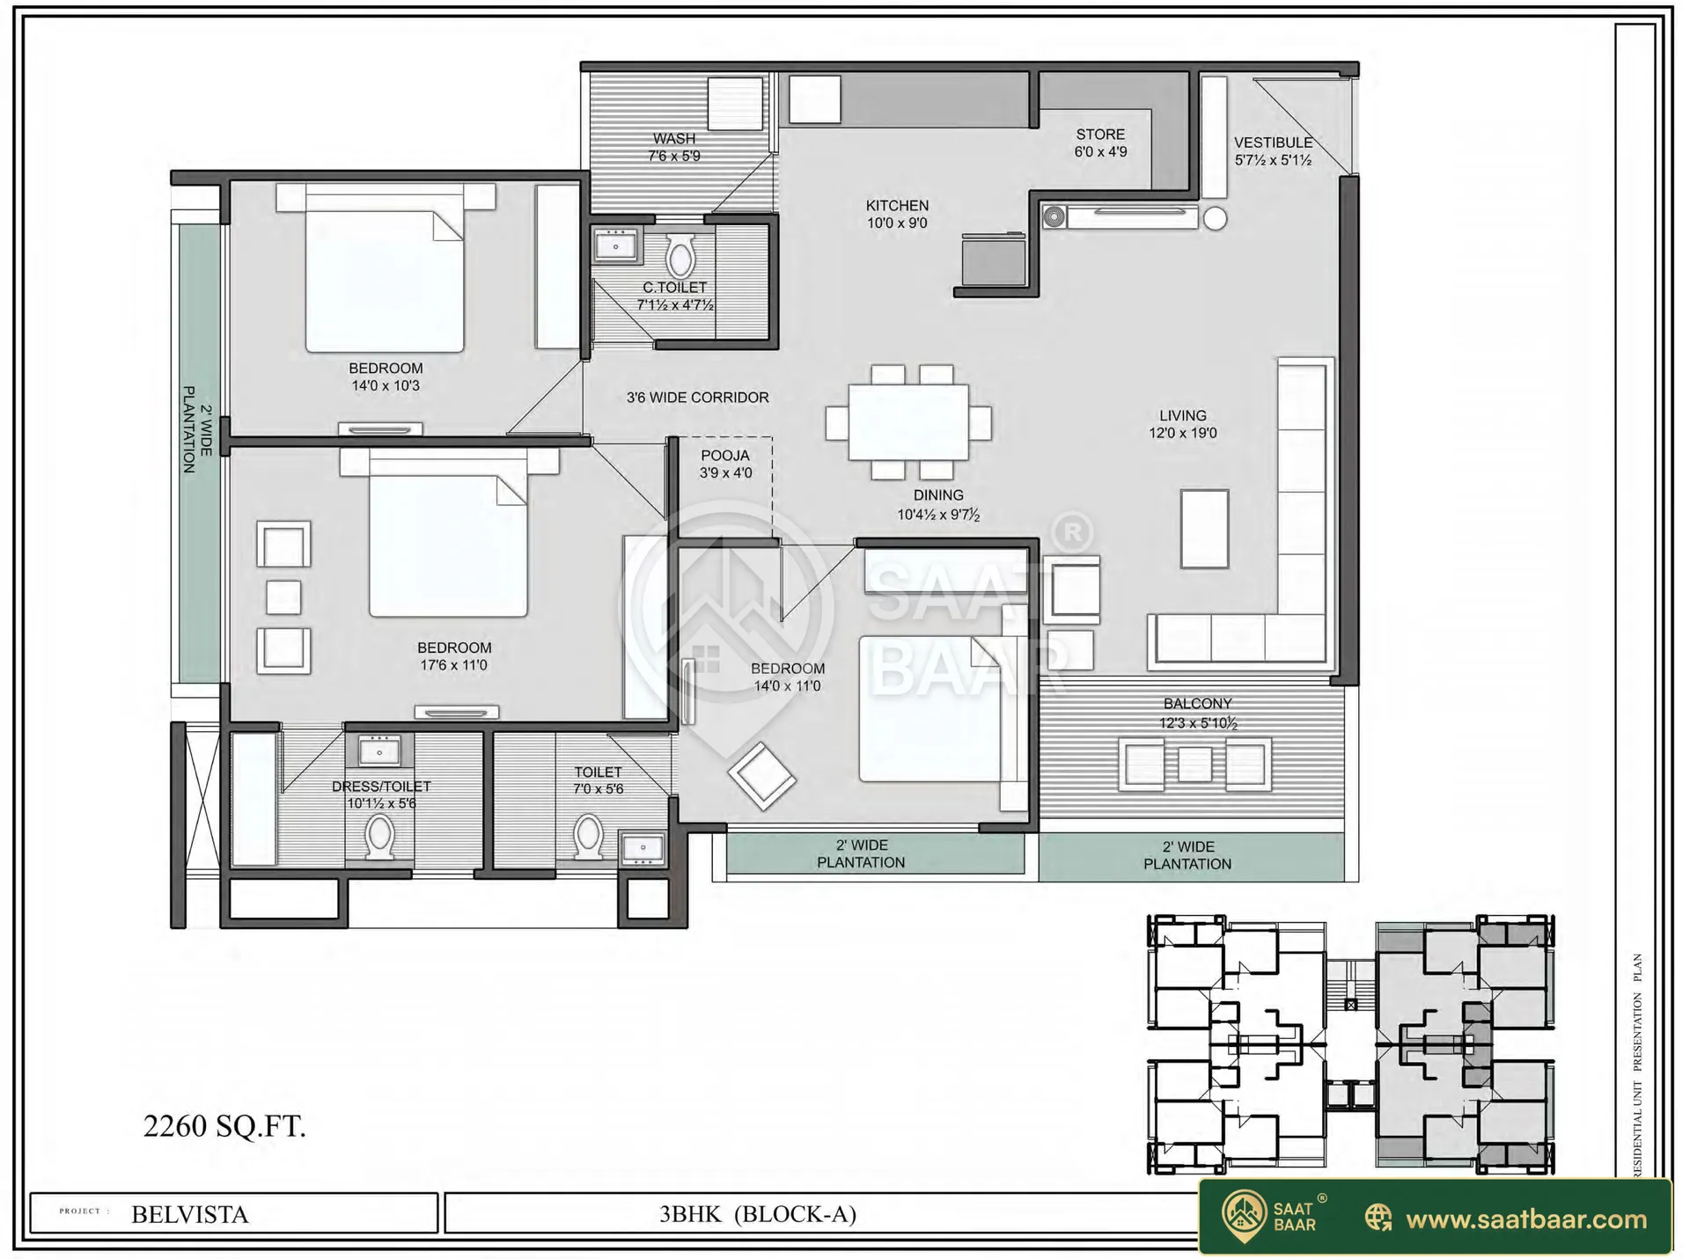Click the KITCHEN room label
(897, 205)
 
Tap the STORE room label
(1100, 134)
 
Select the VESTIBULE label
(1273, 143)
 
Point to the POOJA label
(725, 456)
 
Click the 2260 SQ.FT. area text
(224, 1126)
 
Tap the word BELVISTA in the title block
(190, 1215)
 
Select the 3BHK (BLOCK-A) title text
(758, 1214)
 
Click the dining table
(908, 422)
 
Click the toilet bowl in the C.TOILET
(680, 256)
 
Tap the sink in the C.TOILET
(616, 245)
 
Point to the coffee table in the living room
(1204, 529)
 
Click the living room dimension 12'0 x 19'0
(1182, 433)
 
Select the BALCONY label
(1197, 704)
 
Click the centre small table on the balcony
(1194, 764)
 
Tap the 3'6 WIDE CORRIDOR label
(697, 398)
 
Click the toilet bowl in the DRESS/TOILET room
(379, 837)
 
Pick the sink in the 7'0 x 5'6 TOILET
(643, 849)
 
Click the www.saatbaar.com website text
(1526, 1219)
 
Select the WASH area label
(674, 138)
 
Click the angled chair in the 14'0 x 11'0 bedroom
(761, 776)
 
